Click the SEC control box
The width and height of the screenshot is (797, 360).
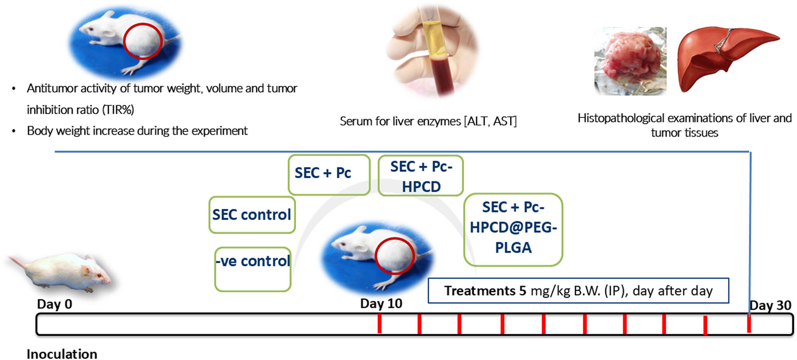coord(252,215)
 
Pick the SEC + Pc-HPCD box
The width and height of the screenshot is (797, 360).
coord(420,176)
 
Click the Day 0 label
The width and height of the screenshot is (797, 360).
coord(55,304)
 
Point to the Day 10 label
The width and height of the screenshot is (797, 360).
coord(381,303)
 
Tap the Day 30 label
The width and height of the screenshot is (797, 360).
coord(770,305)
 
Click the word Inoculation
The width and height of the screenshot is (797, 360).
coord(62,354)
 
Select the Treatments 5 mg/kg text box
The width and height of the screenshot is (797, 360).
coord(578,291)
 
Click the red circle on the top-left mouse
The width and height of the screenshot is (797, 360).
coord(143,41)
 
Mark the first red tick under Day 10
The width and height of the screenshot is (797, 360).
coord(379,323)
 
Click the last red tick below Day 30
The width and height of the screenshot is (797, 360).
coord(749,323)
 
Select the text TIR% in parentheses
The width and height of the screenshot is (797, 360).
coord(118,110)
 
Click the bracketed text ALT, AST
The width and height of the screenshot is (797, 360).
coord(490,121)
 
